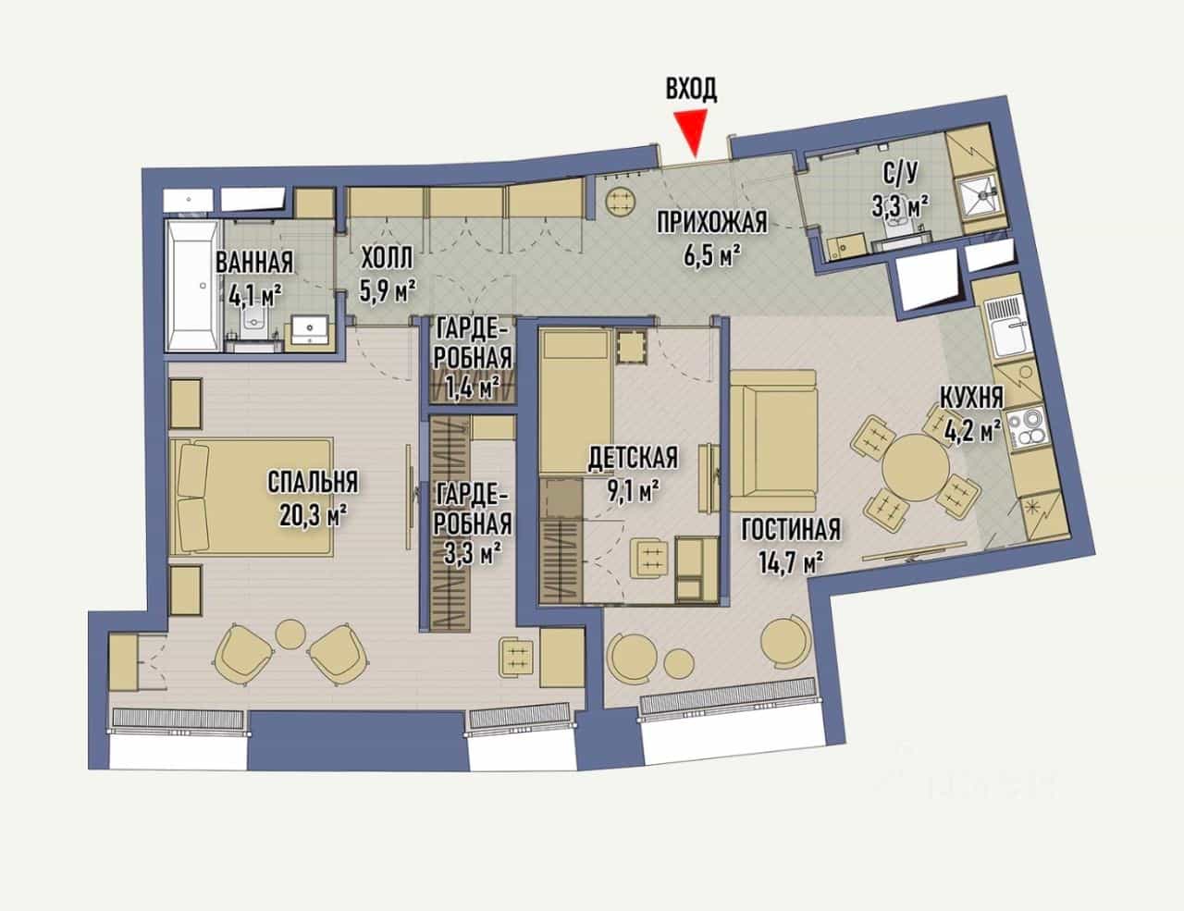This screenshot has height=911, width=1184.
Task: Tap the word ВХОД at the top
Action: click(692, 89)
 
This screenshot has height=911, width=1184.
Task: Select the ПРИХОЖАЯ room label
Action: click(712, 222)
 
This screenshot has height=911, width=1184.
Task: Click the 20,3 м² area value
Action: click(314, 515)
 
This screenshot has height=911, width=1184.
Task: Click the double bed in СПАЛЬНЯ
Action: click(252, 497)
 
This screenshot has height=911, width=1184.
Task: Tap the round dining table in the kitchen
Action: click(916, 468)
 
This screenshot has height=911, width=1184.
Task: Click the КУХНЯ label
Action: click(972, 398)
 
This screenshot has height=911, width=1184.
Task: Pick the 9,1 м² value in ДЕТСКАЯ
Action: click(632, 492)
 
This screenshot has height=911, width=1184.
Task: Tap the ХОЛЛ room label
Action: click(388, 260)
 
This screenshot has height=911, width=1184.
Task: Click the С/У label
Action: click(900, 174)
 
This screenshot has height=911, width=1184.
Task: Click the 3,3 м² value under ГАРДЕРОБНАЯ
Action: click(473, 555)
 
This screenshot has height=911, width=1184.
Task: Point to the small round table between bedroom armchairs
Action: click(291, 634)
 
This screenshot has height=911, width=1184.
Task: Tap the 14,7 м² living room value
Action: click(791, 561)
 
